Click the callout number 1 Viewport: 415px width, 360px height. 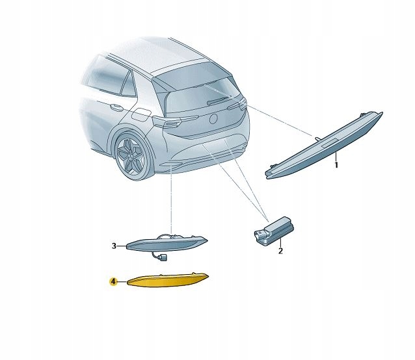(336, 165)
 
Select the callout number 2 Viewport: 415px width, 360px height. (280, 251)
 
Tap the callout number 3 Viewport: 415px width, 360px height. (114, 246)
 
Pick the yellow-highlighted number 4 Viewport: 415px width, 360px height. (113, 282)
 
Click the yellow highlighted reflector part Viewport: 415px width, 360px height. (168, 281)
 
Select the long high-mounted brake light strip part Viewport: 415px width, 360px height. (324, 146)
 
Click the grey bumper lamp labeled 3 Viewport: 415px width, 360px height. (167, 244)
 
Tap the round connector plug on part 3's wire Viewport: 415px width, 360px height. (163, 257)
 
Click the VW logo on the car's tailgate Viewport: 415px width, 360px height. (213, 119)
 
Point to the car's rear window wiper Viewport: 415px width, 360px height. (219, 100)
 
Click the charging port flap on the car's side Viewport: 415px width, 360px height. (141, 115)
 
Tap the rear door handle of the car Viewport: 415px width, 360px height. (115, 107)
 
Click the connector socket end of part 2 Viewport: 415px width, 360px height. (259, 235)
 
